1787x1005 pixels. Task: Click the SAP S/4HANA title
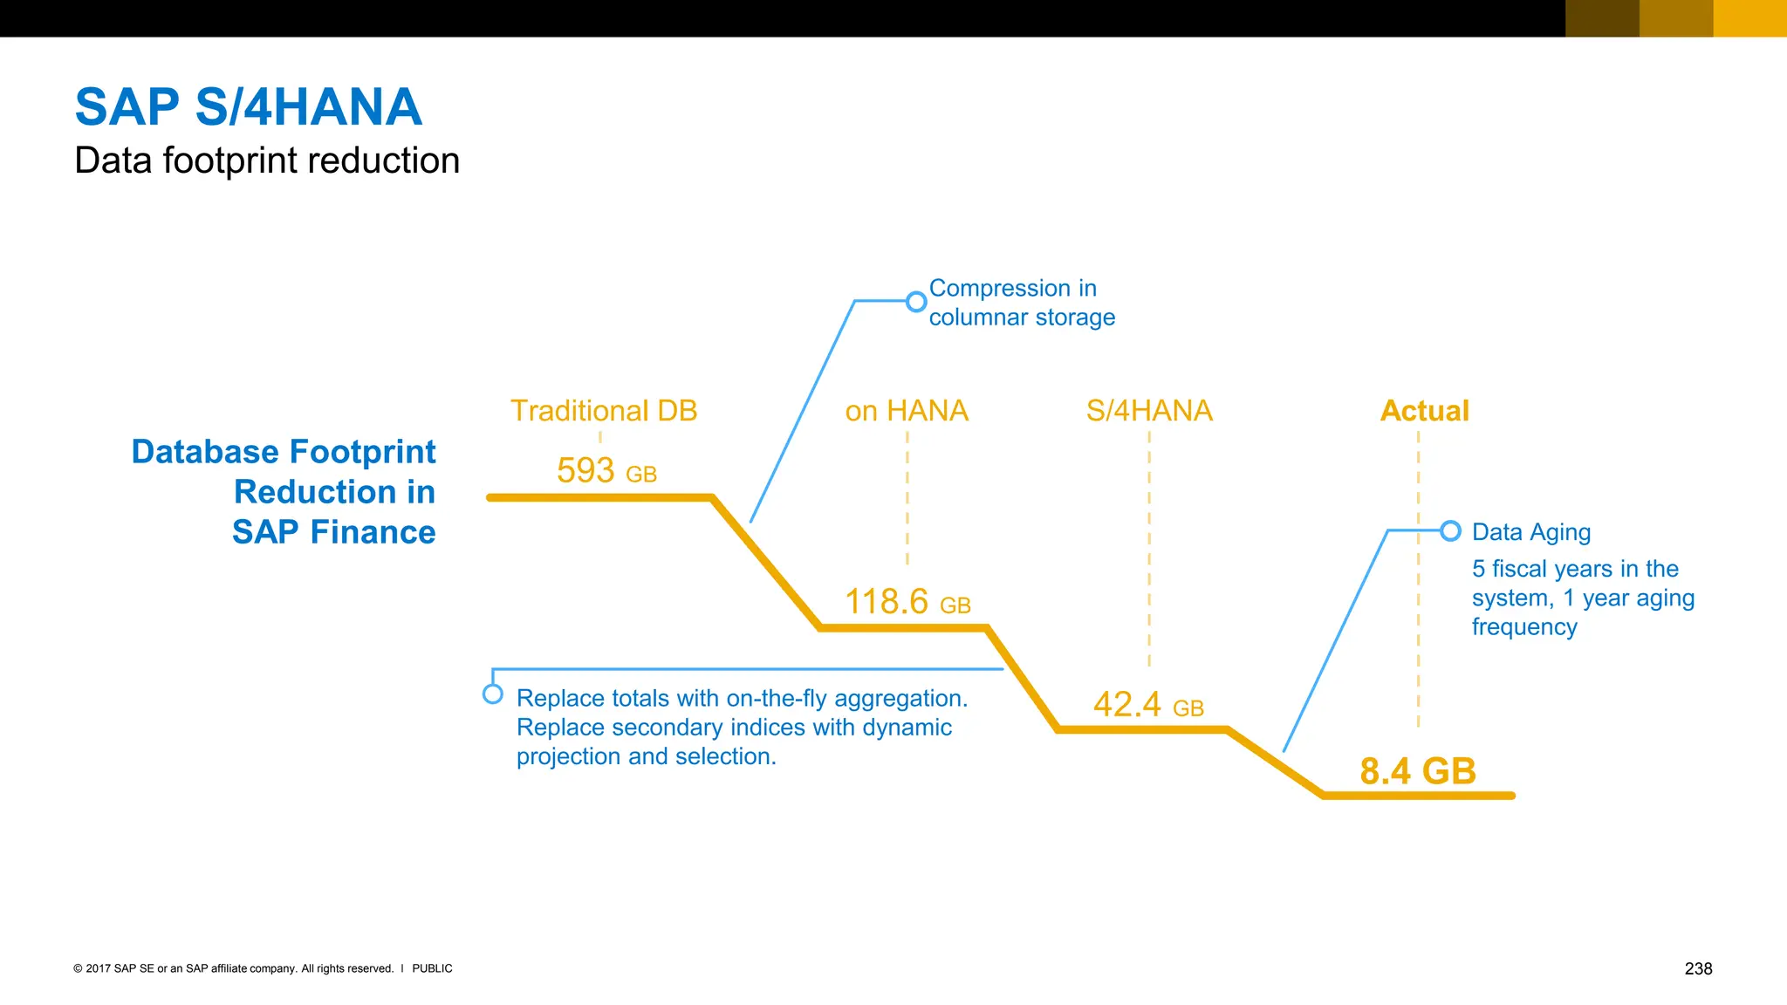tap(249, 107)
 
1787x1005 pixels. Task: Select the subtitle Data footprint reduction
tap(267, 161)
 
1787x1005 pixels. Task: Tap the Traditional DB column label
tap(604, 411)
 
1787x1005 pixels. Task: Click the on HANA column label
tap(907, 411)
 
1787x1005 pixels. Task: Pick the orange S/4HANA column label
tap(1149, 411)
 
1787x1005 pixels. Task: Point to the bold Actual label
tap(1424, 411)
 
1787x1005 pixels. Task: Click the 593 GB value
tap(606, 471)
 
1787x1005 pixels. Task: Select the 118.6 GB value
tap(907, 602)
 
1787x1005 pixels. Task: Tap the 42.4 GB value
tap(1148, 705)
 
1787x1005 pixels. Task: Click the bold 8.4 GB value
tap(1418, 771)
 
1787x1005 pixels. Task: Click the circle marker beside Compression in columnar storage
tap(916, 302)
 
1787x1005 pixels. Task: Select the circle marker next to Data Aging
tap(1450, 530)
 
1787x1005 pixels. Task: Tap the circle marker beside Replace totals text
tap(493, 694)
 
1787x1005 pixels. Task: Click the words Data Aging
tap(1531, 532)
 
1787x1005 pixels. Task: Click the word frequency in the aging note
tap(1524, 627)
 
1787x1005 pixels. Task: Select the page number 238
tap(1698, 968)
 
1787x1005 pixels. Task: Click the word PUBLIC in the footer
tap(432, 968)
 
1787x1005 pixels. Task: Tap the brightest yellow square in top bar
tap(1749, 18)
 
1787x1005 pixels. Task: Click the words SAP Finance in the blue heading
tap(334, 532)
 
